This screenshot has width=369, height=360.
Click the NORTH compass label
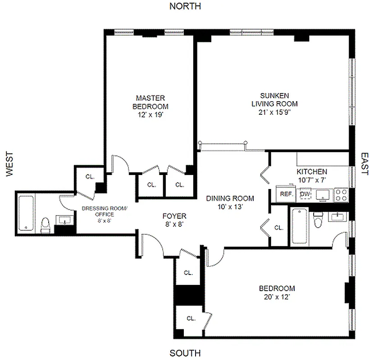pyautogui.click(x=185, y=6)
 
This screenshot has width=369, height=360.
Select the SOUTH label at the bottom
pyautogui.click(x=185, y=353)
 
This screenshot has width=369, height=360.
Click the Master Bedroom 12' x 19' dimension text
pyautogui.click(x=150, y=115)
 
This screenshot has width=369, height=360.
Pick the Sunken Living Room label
pyautogui.click(x=274, y=99)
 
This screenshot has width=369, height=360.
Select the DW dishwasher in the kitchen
pyautogui.click(x=305, y=194)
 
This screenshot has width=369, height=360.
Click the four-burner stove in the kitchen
pyautogui.click(x=342, y=194)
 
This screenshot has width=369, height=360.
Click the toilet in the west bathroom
pyautogui.click(x=46, y=225)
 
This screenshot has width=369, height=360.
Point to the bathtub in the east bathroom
pyautogui.click(x=299, y=227)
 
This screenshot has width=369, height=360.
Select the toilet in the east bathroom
pyautogui.click(x=319, y=221)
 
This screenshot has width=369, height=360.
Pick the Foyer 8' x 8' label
pyautogui.click(x=174, y=219)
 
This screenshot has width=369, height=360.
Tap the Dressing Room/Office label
pyautogui.click(x=105, y=211)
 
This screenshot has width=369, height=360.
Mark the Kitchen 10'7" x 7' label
pyautogui.click(x=312, y=176)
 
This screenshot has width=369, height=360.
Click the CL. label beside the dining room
pyautogui.click(x=279, y=228)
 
